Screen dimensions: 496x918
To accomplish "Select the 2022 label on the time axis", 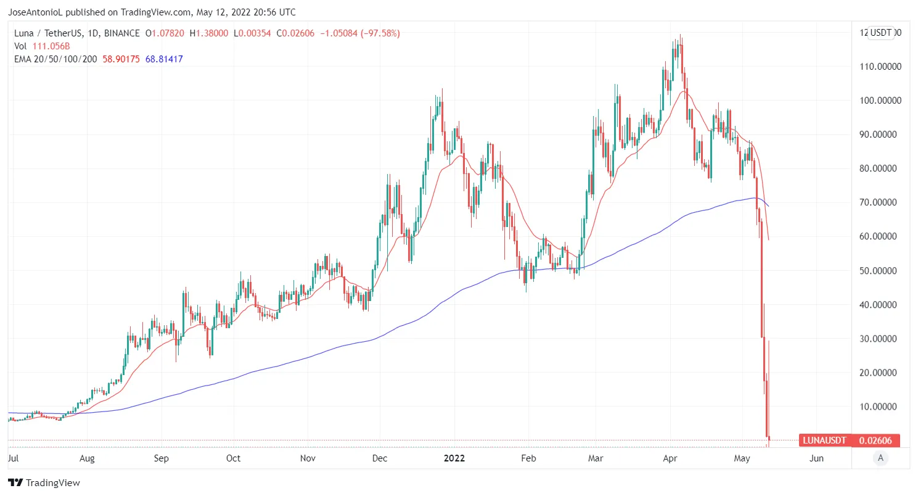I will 454,458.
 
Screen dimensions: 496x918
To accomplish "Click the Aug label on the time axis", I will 87,458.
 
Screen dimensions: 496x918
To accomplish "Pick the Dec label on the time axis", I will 380,458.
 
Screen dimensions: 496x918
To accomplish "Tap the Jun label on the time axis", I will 816,458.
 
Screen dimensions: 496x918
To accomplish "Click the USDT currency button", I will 881,33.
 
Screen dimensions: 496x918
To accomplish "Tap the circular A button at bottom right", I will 881,458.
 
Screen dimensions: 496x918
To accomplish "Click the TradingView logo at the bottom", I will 44,482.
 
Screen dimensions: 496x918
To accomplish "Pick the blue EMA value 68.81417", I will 164,59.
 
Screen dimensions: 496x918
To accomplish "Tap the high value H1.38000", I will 211,33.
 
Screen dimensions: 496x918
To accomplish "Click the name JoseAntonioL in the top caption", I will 37,12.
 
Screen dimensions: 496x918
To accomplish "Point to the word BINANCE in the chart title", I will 123,33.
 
